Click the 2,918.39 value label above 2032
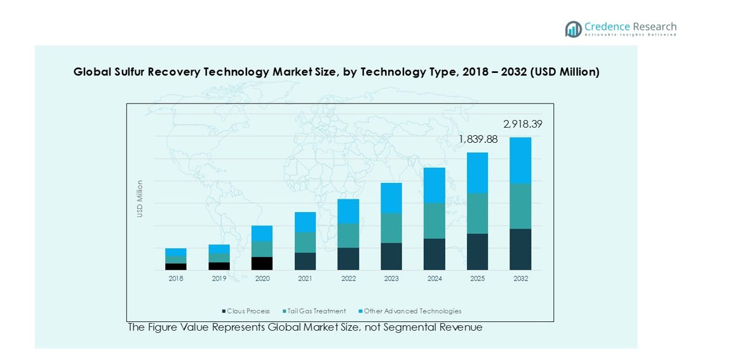coord(523,124)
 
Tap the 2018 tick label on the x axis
coord(176,279)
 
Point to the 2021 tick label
coord(305,279)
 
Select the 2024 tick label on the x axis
coord(434,279)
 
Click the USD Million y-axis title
coord(140,199)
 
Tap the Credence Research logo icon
coord(574,29)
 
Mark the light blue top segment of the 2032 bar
coord(520,160)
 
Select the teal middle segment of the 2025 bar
coord(477,213)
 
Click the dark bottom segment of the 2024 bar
coord(434,254)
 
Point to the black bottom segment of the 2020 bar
coord(262,263)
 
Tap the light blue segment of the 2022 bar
coord(348,211)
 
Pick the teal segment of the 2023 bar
coord(391,228)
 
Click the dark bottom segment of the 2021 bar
coord(305,261)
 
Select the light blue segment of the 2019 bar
coord(219,249)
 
